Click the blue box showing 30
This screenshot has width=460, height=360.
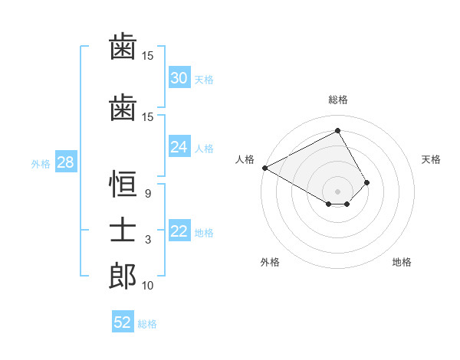point(179,78)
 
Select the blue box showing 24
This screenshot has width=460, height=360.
point(179,147)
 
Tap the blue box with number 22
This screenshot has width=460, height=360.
point(179,232)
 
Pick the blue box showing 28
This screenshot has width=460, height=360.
point(65,162)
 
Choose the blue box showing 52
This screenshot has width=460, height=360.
point(123,322)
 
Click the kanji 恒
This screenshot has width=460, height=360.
point(123,184)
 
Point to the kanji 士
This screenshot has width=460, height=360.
point(123,231)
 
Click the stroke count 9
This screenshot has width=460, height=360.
point(147,194)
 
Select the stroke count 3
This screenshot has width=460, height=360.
point(147,240)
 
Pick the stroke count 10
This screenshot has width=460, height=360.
point(148,286)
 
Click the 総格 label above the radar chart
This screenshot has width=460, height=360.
point(337,100)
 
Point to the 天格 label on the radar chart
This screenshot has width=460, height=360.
point(431,159)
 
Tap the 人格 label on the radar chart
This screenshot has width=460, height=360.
point(245,159)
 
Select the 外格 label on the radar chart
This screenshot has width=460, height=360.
point(270,262)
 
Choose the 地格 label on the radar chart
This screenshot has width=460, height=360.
point(402,262)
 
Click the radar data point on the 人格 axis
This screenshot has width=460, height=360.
point(264,167)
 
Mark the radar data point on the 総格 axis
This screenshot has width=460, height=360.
point(337,131)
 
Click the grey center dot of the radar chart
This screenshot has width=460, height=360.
point(337,190)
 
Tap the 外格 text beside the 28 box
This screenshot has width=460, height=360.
point(41,163)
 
